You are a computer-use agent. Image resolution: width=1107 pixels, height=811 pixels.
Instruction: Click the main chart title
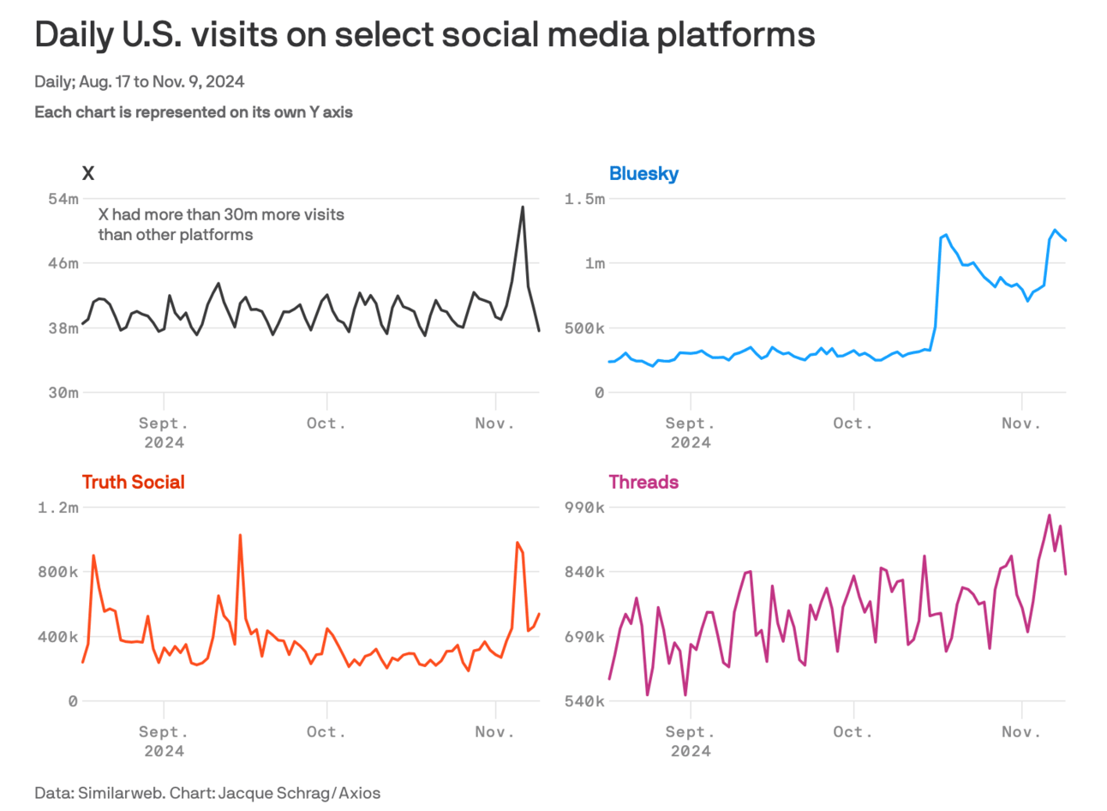coord(424,35)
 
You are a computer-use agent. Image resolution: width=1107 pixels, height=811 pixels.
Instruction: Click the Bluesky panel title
coord(643,173)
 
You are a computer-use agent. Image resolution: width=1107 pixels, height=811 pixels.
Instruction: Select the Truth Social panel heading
coord(133,482)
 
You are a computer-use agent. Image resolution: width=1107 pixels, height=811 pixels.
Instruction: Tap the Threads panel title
coord(643,482)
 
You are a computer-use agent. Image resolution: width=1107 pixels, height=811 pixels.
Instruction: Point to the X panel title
coord(88,173)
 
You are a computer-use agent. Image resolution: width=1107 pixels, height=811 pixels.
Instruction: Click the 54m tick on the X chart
coord(63,199)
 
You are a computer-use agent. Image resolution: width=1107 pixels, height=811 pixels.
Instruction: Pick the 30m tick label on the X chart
coord(63,393)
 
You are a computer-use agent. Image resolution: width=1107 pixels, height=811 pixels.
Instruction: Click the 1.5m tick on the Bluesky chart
coord(584,199)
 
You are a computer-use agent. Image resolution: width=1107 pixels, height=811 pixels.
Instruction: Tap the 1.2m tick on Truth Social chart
coord(57,508)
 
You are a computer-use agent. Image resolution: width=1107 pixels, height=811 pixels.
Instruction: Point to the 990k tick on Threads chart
coord(584,508)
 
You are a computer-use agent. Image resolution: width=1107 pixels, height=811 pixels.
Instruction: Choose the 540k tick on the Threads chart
coord(584,701)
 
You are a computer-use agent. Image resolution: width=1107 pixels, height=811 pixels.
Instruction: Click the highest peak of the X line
coord(523,207)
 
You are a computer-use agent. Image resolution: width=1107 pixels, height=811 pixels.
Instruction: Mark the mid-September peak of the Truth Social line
coord(240,535)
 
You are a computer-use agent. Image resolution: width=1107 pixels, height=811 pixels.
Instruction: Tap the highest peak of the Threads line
coord(1049,515)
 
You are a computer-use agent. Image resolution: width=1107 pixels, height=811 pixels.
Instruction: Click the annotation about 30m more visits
coord(220,225)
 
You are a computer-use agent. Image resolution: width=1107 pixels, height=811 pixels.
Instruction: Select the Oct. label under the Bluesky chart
coord(853,424)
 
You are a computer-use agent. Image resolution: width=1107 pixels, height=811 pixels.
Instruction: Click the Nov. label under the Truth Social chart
coord(494,732)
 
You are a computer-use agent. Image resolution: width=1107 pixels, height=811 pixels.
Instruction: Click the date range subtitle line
coord(139,82)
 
